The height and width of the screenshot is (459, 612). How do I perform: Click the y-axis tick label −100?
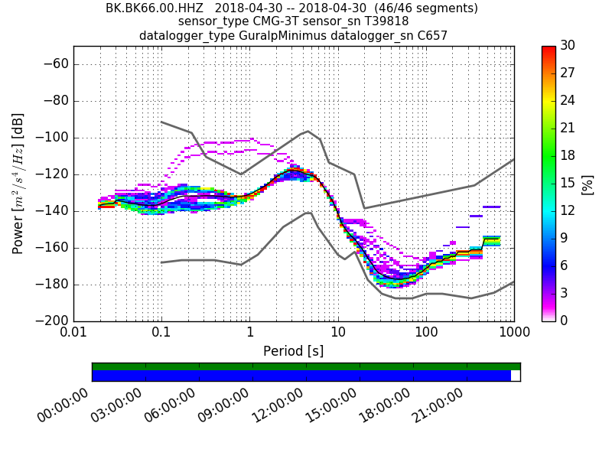tap(54, 138)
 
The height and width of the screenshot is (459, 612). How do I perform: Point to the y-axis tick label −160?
tap(54, 248)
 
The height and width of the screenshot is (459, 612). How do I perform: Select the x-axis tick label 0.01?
tap(73, 334)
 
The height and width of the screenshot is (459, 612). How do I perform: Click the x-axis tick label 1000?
tap(513, 334)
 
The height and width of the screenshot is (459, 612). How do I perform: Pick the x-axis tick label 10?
tap(338, 334)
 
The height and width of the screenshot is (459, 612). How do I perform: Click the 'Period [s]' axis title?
tap(293, 351)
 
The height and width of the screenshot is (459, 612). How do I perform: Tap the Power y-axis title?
tap(18, 184)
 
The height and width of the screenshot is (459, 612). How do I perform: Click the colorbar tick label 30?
tap(568, 46)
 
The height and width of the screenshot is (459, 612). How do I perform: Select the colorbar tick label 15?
tap(568, 183)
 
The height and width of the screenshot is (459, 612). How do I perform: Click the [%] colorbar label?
tap(588, 184)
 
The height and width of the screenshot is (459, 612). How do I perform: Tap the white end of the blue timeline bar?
tap(516, 376)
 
